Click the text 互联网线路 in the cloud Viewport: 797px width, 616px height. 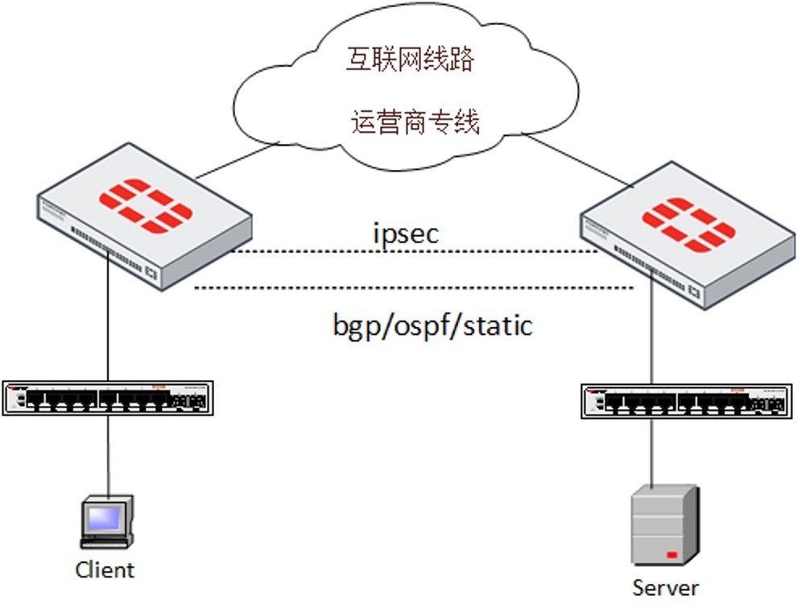coord(410,60)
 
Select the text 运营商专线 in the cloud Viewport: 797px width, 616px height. coord(415,122)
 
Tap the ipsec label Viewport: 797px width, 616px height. coord(406,234)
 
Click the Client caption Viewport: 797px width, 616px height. coord(105,570)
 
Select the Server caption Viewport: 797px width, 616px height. coord(665,588)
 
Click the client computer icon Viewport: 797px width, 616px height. coord(106,521)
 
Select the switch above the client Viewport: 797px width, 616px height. coord(108,398)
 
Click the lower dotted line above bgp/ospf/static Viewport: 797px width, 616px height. coord(415,287)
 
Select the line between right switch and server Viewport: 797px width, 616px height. coord(653,451)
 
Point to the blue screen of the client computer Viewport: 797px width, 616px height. coord(104,516)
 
